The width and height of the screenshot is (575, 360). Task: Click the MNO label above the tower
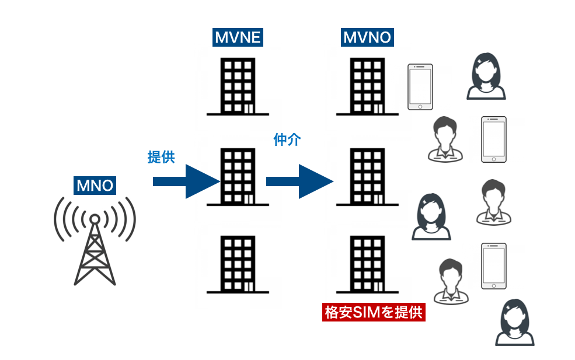click(95, 186)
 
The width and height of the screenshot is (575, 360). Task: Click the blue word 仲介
click(287, 140)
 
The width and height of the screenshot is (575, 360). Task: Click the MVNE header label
click(237, 39)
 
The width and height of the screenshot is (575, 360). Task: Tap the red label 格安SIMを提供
click(374, 312)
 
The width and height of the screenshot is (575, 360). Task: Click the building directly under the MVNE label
click(237, 86)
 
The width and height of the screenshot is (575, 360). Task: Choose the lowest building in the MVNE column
click(237, 264)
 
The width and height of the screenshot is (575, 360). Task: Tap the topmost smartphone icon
click(420, 87)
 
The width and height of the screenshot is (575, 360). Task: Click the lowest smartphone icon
click(493, 266)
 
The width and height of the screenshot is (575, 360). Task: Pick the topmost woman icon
click(486, 76)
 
